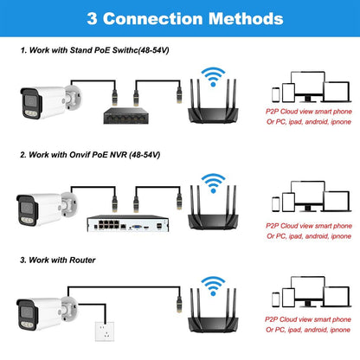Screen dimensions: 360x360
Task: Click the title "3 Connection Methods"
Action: pyautogui.click(x=180, y=16)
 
